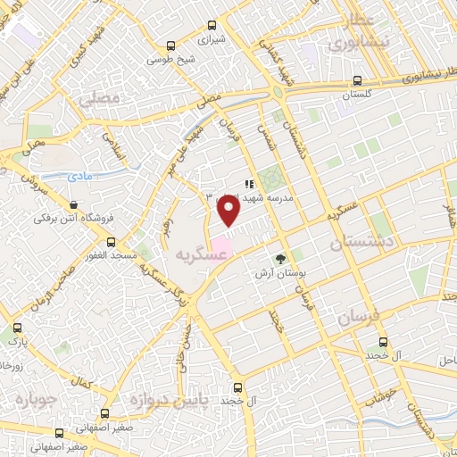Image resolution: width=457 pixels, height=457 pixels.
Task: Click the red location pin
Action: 228,211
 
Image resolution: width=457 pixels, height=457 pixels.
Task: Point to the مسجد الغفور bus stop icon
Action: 112,243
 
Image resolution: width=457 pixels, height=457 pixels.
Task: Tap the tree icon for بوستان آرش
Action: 282,259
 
